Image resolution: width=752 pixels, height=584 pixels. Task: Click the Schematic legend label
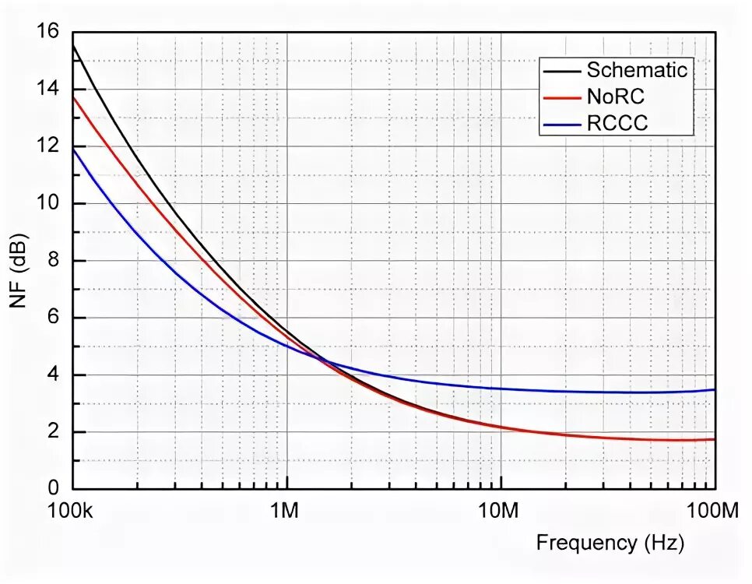click(x=637, y=70)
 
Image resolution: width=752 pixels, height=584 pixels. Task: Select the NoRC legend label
click(x=616, y=97)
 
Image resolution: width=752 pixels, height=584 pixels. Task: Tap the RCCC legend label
click(x=617, y=122)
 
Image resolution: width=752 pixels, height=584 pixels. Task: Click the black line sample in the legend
click(x=562, y=71)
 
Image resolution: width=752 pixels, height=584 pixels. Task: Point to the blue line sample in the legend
click(x=562, y=123)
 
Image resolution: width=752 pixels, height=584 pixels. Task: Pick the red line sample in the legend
click(x=562, y=97)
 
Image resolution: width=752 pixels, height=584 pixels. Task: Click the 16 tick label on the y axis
click(x=47, y=32)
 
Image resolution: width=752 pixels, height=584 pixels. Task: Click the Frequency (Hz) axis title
click(x=610, y=543)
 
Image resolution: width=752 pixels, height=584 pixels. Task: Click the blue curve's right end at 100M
click(x=714, y=389)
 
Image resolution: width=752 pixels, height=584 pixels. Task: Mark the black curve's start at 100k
click(x=73, y=46)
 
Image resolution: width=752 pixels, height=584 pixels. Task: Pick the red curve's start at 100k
click(x=73, y=97)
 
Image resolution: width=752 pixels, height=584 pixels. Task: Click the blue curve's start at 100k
click(x=73, y=149)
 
